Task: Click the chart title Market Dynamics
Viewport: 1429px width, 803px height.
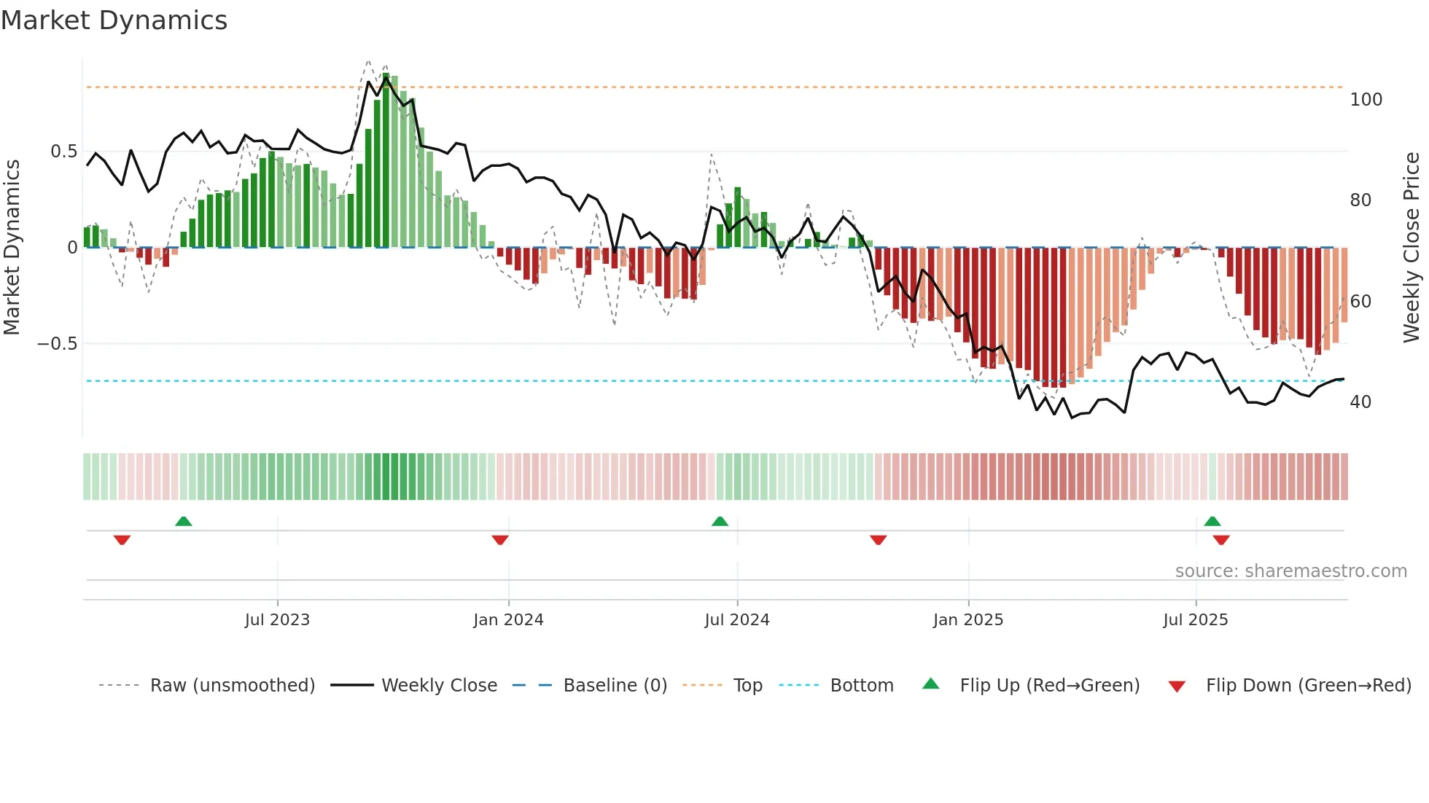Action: [x=114, y=20]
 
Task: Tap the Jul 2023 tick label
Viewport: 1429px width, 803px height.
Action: [x=277, y=620]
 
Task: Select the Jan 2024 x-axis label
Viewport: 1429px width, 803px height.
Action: [x=508, y=620]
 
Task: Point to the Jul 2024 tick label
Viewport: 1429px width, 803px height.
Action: [x=737, y=620]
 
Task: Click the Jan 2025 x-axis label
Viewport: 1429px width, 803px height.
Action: [x=968, y=620]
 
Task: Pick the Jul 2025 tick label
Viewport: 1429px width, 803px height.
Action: [x=1196, y=620]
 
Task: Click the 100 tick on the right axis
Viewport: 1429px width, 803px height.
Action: [x=1366, y=100]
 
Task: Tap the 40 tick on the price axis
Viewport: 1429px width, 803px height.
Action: [x=1360, y=402]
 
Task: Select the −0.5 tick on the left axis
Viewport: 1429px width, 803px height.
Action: [x=57, y=344]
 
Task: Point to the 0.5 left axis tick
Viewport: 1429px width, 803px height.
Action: [x=63, y=152]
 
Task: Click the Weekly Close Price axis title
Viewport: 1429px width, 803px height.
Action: [x=1412, y=248]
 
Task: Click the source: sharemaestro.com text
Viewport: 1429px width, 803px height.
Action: [x=1290, y=571]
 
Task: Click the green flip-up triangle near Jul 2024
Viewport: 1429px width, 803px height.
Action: [x=720, y=521]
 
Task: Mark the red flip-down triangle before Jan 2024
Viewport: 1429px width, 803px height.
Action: [x=500, y=540]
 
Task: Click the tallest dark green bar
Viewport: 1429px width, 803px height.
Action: [x=386, y=160]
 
